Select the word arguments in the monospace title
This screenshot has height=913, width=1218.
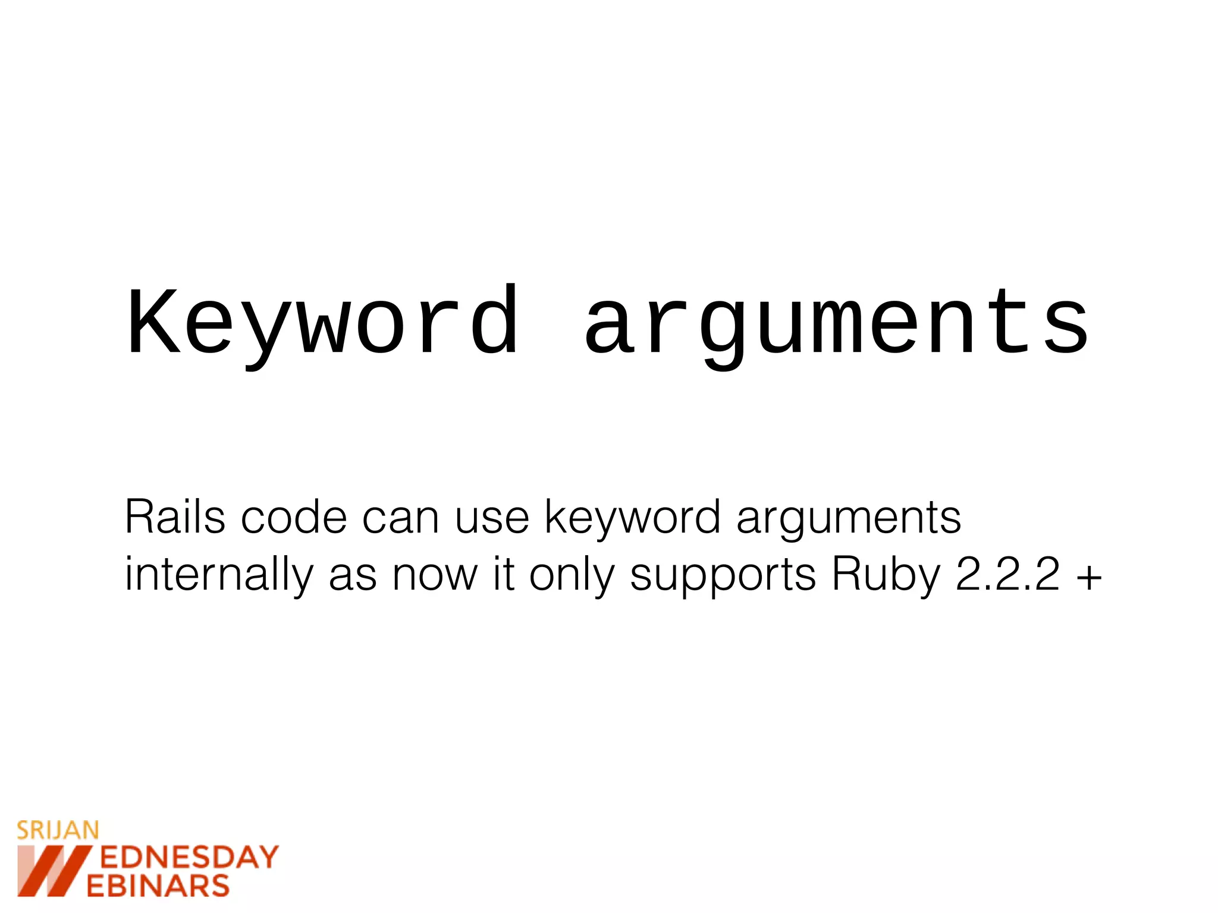click(836, 324)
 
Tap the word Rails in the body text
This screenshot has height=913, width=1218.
click(175, 517)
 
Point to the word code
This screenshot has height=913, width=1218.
click(294, 517)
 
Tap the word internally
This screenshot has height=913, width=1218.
click(218, 575)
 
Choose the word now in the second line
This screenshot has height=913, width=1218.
click(435, 575)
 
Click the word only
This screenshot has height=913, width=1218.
click(572, 575)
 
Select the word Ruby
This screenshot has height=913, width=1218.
click(886, 575)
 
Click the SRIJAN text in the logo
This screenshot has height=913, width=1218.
click(58, 830)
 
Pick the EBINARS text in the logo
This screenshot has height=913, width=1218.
click(158, 886)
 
